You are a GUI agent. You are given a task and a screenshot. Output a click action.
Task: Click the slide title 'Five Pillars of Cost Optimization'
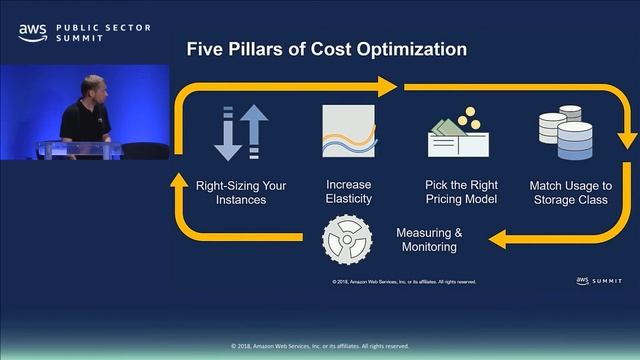pyautogui.click(x=326, y=49)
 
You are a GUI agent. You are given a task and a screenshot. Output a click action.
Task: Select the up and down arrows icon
pyautogui.click(x=242, y=132)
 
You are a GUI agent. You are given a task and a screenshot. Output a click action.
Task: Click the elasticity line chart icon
pyautogui.click(x=349, y=131)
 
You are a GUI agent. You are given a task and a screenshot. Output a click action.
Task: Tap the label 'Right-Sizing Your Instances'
pyautogui.click(x=241, y=192)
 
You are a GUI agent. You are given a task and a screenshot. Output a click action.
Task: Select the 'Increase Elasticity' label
pyautogui.click(x=349, y=192)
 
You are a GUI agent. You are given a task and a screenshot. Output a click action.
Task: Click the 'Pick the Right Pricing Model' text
pyautogui.click(x=455, y=192)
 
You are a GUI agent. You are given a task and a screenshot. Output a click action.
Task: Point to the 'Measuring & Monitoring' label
pyautogui.click(x=429, y=240)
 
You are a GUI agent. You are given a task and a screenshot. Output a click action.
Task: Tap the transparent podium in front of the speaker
pyautogui.click(x=80, y=150)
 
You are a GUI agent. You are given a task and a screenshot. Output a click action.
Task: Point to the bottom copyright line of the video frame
pyautogui.click(x=320, y=346)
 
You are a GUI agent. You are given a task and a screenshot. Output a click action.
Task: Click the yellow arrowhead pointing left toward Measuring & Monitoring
pyautogui.click(x=498, y=240)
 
